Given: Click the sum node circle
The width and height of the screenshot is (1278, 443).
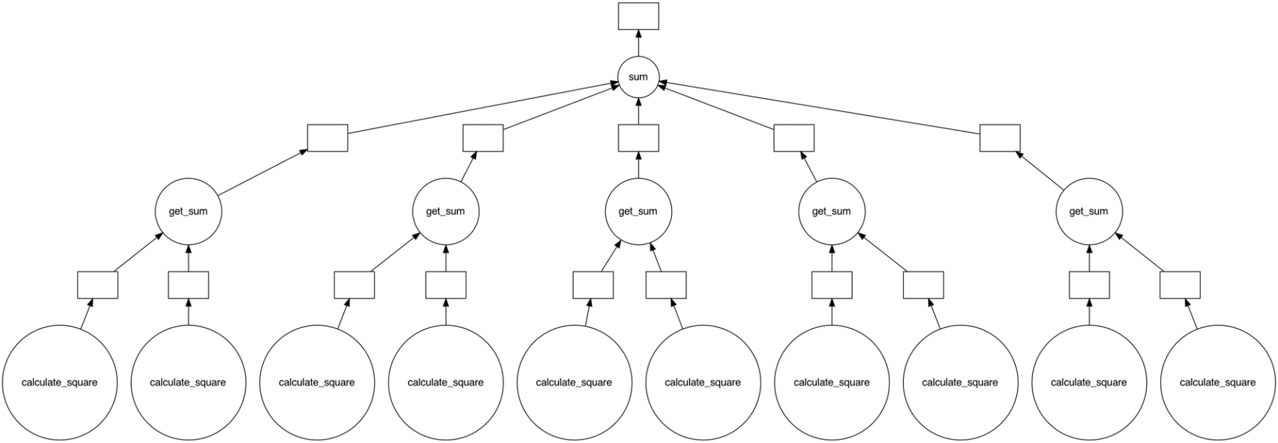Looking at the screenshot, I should [x=638, y=76].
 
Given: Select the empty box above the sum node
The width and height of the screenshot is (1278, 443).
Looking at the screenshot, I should [x=638, y=16].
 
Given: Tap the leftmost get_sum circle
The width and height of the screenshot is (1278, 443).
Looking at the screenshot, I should [x=188, y=212].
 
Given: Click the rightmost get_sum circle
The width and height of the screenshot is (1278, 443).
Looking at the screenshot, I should [x=1088, y=212].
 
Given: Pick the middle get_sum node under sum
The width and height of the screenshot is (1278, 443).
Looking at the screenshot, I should [x=638, y=212].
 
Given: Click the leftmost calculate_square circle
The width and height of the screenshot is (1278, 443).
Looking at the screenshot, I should [x=59, y=382].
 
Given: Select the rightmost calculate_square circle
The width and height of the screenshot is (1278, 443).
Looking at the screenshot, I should [x=1217, y=382].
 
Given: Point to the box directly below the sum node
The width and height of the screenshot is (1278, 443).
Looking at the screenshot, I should [x=638, y=138].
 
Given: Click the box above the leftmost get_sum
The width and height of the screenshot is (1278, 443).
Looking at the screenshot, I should [x=327, y=138].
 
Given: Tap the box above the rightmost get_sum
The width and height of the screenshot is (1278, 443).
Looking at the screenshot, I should [x=1000, y=138].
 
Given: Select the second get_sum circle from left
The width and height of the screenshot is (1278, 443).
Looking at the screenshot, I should [x=445, y=212].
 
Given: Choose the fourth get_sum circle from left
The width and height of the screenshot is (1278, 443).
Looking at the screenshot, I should [x=831, y=212].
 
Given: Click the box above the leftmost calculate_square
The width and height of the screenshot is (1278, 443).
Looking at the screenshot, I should [x=97, y=285].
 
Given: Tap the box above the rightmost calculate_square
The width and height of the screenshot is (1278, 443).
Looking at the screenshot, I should [x=1179, y=285].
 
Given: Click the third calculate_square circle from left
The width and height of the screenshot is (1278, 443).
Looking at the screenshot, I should [x=316, y=382].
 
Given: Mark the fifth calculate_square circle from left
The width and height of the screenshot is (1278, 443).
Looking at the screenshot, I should [x=574, y=382].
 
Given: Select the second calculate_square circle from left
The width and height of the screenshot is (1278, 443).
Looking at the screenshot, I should [x=188, y=382].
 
